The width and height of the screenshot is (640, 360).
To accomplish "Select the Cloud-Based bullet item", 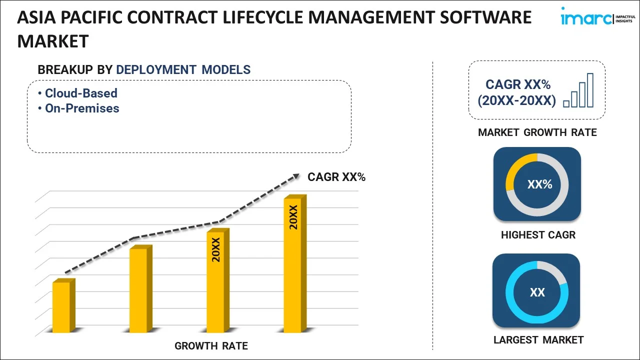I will (81, 93).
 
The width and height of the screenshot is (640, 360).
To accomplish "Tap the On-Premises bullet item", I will (82, 108).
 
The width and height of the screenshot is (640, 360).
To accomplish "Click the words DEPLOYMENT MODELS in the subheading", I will (183, 69).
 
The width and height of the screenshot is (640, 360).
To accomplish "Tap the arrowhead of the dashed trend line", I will (296, 176).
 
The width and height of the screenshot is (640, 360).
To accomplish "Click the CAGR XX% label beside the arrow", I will (336, 177).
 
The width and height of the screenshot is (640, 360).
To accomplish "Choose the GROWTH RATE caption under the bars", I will (211, 345).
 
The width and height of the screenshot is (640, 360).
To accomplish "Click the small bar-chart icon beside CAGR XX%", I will (578, 90).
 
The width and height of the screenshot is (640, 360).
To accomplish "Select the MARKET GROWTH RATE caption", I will (537, 132).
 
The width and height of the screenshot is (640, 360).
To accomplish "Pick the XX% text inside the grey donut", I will (539, 184).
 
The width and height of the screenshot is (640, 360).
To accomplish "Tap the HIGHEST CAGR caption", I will (538, 234).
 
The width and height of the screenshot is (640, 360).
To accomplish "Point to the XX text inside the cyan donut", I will (537, 292).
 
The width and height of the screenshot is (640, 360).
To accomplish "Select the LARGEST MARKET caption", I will (538, 340).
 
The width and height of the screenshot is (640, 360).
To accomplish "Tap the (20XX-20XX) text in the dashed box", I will (516, 100).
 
